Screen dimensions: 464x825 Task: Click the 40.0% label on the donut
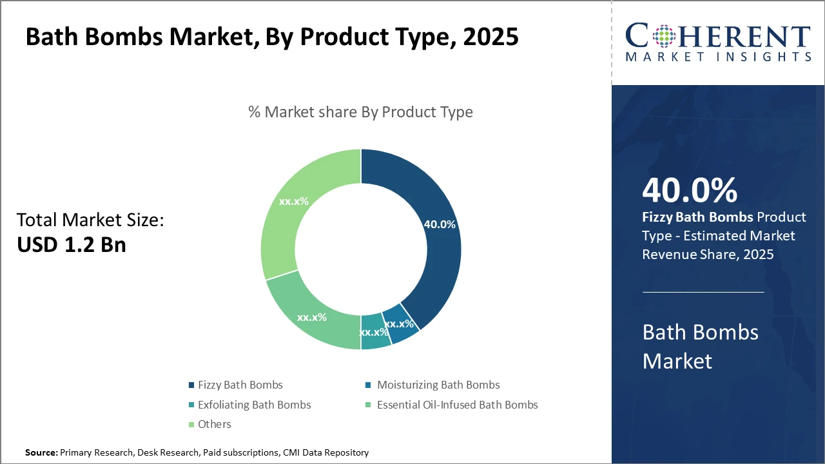tap(440, 224)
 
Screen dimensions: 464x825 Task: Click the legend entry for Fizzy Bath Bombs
tap(240, 385)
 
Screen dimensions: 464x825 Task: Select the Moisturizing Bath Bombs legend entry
tap(438, 385)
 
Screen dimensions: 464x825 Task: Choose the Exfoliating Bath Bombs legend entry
tap(254, 405)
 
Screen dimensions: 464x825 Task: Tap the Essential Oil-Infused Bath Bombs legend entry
tap(457, 405)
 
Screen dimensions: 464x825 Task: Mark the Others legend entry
tap(214, 424)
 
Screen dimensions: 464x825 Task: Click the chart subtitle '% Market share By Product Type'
tap(360, 111)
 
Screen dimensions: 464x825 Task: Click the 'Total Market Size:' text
tap(90, 220)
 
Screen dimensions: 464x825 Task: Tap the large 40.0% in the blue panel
tap(690, 190)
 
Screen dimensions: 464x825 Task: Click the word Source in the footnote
tap(41, 453)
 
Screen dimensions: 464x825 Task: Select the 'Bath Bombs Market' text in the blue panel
tap(700, 346)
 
